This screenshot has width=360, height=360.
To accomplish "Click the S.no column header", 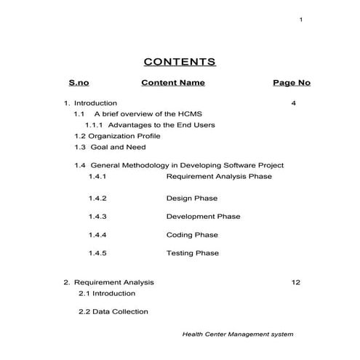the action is (x=79, y=83).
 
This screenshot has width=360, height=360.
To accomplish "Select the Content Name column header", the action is (x=173, y=83).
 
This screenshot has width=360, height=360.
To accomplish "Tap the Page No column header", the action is (x=292, y=83).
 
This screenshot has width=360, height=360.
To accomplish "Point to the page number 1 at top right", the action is (x=301, y=20).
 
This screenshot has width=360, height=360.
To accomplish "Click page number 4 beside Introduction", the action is (x=293, y=103).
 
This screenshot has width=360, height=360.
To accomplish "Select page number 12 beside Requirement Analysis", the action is (x=295, y=282).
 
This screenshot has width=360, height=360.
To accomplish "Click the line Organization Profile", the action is (x=117, y=136).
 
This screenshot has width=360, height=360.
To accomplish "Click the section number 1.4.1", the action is (x=97, y=176).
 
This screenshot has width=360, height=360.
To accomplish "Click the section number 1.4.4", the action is (x=97, y=235).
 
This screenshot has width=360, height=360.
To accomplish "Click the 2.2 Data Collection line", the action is (x=113, y=311).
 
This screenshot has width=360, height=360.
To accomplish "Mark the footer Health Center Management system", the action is (x=237, y=335).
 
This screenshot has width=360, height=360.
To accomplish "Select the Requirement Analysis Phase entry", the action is (x=219, y=176).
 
